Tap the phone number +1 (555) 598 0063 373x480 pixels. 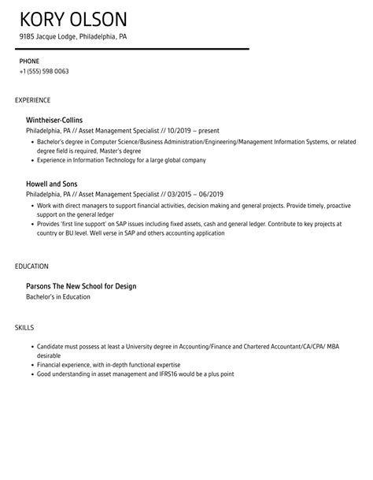43,72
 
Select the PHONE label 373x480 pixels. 29,60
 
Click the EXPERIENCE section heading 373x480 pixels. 33,100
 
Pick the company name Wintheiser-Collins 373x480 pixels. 54,120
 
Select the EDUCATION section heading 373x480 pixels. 31,266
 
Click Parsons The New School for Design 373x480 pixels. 81,285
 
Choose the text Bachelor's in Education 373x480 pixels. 58,296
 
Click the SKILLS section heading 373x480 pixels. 24,305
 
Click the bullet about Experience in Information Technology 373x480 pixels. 121,160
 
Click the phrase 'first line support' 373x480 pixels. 87,224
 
